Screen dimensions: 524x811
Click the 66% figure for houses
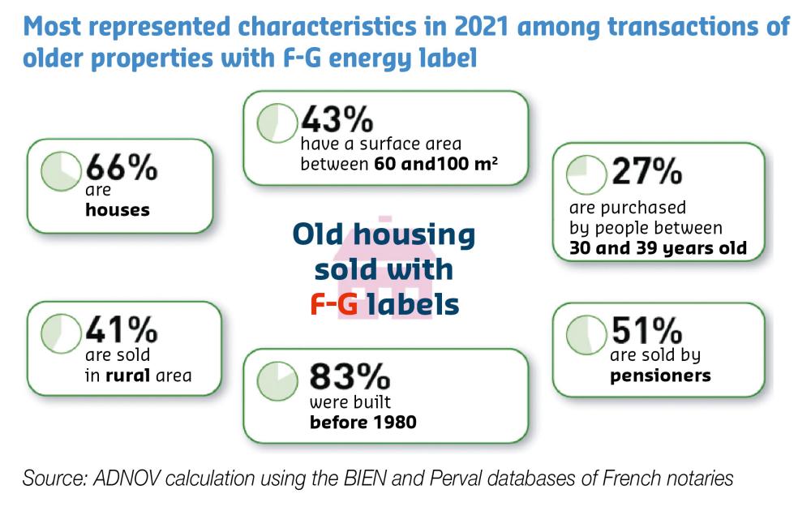point(122,169)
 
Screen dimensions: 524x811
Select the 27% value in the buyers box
point(647,172)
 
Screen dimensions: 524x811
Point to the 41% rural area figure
point(122,329)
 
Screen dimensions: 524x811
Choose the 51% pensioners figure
point(646,330)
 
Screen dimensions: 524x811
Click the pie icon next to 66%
point(62,172)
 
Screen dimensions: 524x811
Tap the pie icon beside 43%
point(277,122)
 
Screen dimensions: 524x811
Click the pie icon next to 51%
point(586,333)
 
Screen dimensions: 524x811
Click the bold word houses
point(118,210)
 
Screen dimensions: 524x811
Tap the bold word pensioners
point(660,375)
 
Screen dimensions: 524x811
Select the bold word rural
point(127,375)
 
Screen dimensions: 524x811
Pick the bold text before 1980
point(363,423)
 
